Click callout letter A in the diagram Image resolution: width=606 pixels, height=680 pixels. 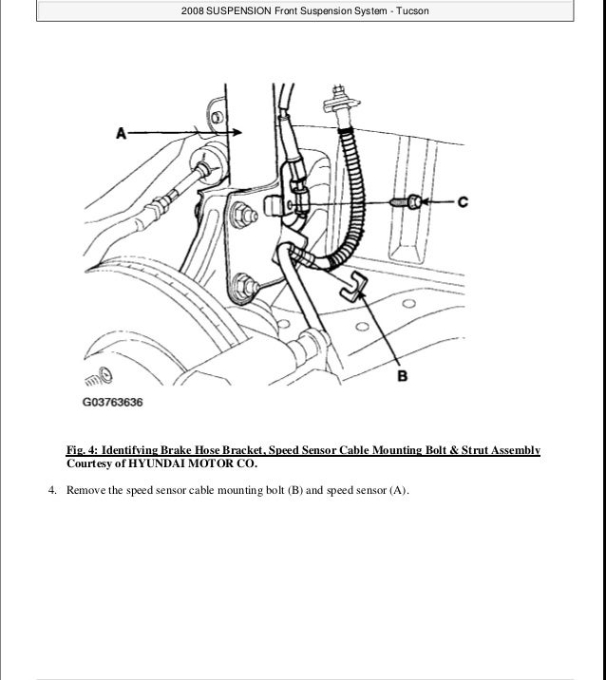click(x=121, y=134)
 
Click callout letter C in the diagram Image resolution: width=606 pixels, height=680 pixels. click(x=463, y=201)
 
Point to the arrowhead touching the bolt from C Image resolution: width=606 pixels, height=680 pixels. click(x=424, y=201)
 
